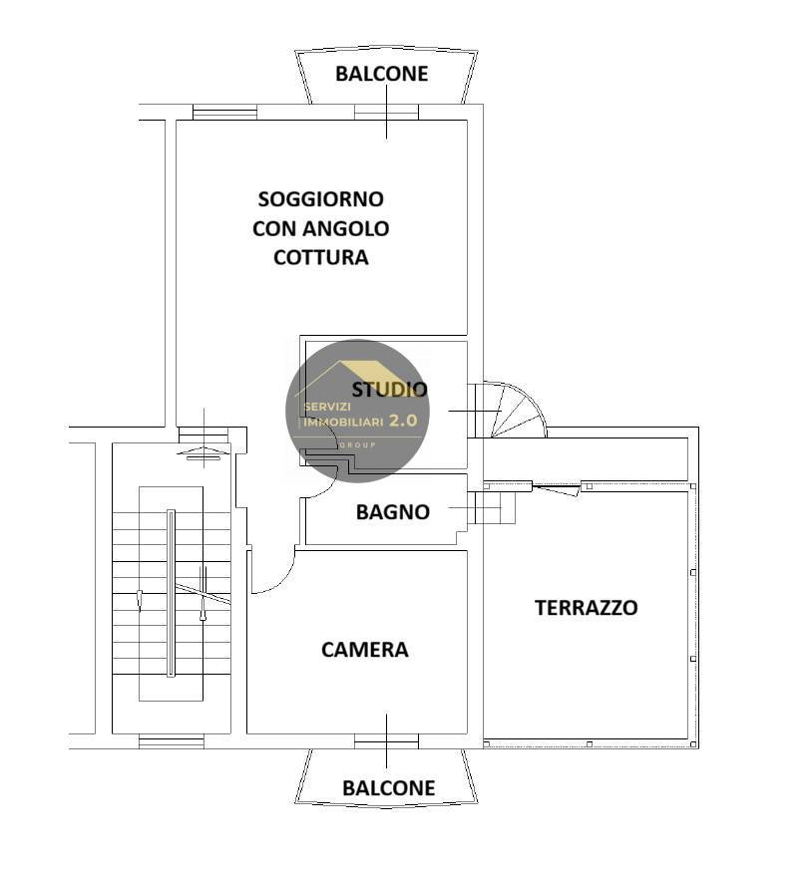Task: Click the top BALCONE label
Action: pyautogui.click(x=381, y=74)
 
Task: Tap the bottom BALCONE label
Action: pyautogui.click(x=388, y=788)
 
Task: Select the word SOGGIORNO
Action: pyautogui.click(x=320, y=199)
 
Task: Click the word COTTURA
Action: pyautogui.click(x=320, y=257)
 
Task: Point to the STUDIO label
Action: pyautogui.click(x=389, y=390)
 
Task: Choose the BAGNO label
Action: pyautogui.click(x=392, y=512)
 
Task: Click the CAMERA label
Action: pyautogui.click(x=364, y=650)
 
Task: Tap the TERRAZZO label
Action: pyautogui.click(x=586, y=607)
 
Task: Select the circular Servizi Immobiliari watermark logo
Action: pyautogui.click(x=357, y=411)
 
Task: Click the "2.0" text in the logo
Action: pyautogui.click(x=402, y=421)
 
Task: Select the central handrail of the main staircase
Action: pyautogui.click(x=171, y=592)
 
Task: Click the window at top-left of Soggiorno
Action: pyautogui.click(x=224, y=113)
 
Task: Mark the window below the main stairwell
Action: pyautogui.click(x=171, y=740)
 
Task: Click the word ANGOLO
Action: pyautogui.click(x=348, y=228)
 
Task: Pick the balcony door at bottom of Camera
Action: pyautogui.click(x=386, y=740)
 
